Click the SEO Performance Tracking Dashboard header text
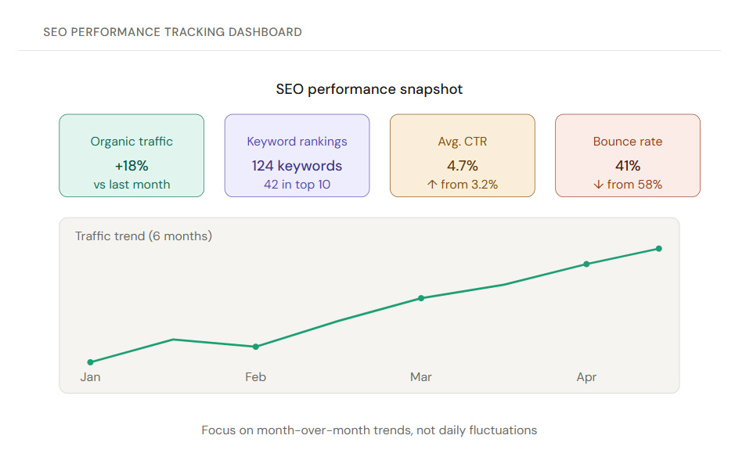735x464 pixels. (172, 32)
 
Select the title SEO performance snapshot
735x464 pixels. (369, 89)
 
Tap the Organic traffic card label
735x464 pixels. (132, 142)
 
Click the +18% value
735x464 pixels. (132, 166)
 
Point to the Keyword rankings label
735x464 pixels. (297, 142)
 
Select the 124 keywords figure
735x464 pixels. (297, 166)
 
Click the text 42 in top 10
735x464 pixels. (297, 185)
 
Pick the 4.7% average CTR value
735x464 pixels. (462, 166)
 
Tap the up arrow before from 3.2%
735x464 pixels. (431, 185)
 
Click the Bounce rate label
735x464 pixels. (627, 142)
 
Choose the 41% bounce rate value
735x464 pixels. (627, 166)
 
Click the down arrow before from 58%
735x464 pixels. (598, 185)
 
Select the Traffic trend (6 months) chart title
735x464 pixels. (143, 236)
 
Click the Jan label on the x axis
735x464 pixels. (90, 377)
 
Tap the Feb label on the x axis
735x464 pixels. (255, 377)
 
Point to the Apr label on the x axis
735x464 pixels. (586, 377)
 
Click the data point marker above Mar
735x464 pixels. (421, 298)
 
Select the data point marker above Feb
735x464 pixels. (255, 347)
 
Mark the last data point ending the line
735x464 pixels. (658, 249)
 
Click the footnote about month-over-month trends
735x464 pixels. (369, 430)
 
